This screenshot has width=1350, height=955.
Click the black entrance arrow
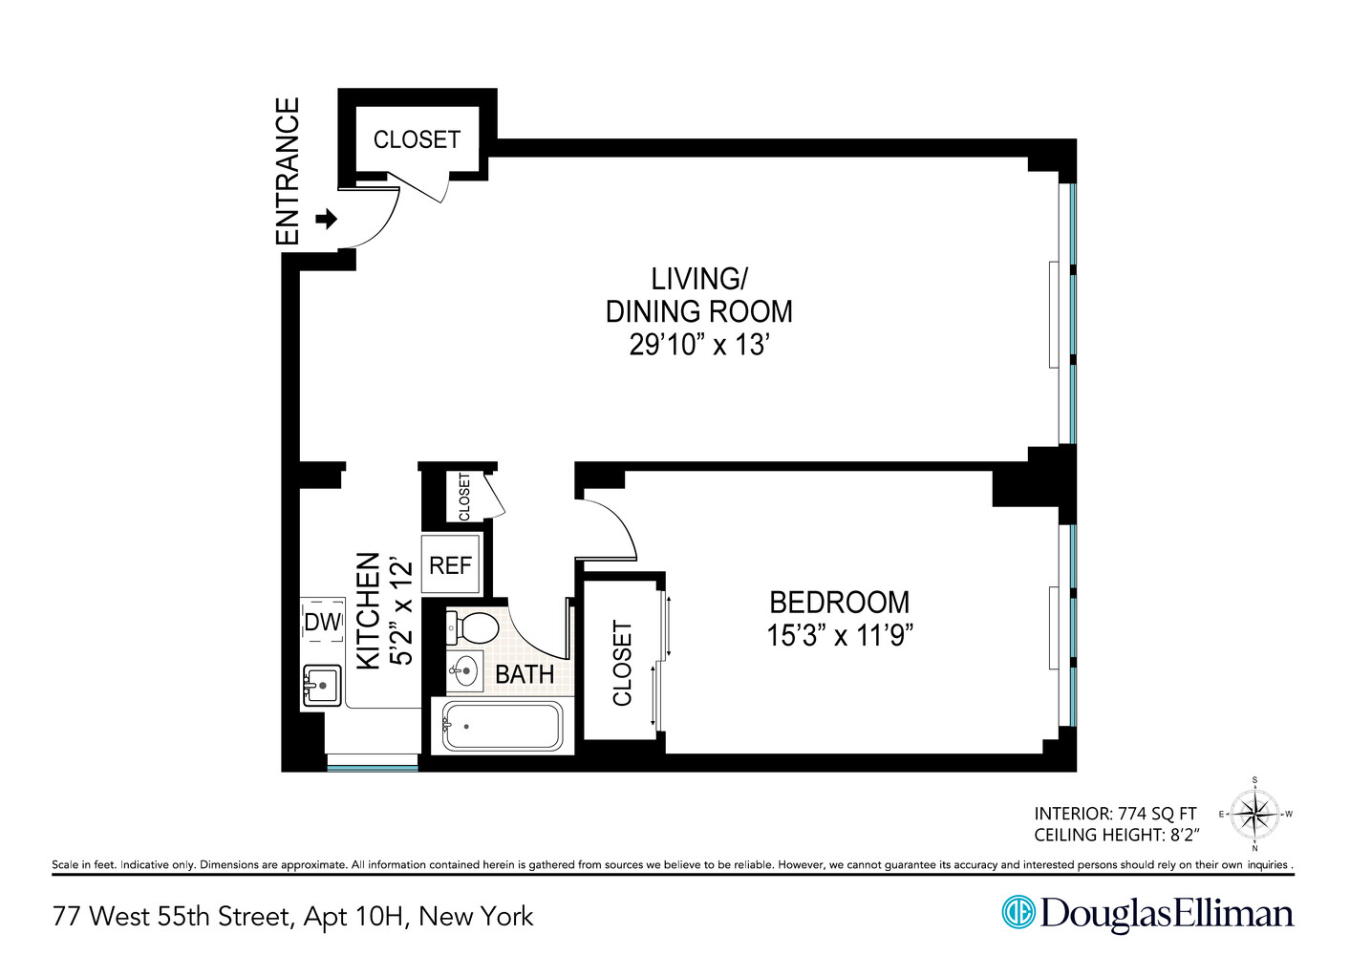click(x=327, y=220)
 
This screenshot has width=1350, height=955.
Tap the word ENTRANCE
click(x=288, y=171)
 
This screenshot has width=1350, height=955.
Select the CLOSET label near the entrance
click(x=417, y=139)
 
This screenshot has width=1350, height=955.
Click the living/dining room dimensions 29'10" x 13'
click(x=698, y=345)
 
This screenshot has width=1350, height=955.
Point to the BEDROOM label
click(x=839, y=603)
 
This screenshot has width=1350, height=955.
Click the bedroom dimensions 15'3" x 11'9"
click(x=839, y=635)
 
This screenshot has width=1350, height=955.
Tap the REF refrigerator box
click(x=450, y=565)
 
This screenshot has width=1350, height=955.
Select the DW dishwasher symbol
click(x=322, y=622)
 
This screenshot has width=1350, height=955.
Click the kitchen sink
click(x=322, y=685)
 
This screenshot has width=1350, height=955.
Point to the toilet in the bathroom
click(x=474, y=627)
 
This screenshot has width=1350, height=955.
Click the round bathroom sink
click(x=465, y=670)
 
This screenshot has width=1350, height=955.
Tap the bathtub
click(x=502, y=727)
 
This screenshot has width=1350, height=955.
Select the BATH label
click(x=524, y=674)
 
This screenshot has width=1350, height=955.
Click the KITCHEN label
click(x=368, y=611)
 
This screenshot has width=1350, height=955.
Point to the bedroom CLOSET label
click(x=622, y=664)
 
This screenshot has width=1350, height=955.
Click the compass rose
click(x=1254, y=815)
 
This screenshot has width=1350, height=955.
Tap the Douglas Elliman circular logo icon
click(x=1018, y=912)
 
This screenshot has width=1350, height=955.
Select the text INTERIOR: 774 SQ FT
click(x=1115, y=814)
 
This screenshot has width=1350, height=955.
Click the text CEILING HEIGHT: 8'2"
click(x=1116, y=835)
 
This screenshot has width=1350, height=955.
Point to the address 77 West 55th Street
click(x=172, y=917)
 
